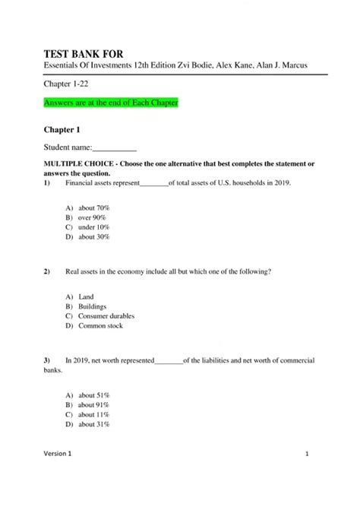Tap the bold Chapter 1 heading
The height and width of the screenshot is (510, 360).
pyautogui.click(x=63, y=129)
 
